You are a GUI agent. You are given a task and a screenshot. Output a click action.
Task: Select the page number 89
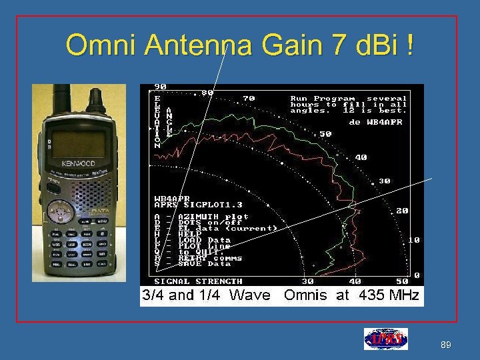(446, 345)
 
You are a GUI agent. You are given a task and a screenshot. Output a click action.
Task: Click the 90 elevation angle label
(161, 87)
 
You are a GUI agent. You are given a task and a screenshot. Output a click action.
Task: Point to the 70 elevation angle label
(248, 98)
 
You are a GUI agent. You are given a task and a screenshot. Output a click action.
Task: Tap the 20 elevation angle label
(401, 210)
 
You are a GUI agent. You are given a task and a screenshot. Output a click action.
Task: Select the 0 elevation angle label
(417, 275)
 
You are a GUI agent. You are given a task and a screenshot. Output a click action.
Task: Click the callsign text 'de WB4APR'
(376, 122)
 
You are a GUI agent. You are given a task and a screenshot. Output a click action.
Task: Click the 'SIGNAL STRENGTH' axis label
(198, 281)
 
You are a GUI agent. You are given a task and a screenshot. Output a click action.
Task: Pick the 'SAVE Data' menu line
(193, 264)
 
